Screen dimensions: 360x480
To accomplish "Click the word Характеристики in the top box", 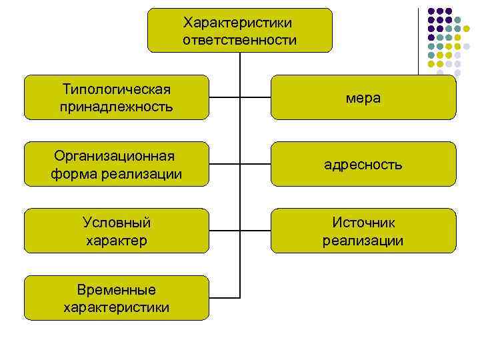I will [x=239, y=23].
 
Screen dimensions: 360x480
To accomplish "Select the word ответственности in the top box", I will [x=239, y=40].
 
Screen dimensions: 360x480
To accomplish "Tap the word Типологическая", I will [x=117, y=89].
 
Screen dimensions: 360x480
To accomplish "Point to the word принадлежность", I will [x=117, y=106].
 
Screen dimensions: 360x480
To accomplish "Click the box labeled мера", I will [x=363, y=97].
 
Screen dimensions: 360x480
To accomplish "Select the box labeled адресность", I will [x=363, y=164].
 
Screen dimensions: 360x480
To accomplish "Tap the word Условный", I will [x=117, y=223].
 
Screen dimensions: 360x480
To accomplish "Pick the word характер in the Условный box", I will [x=117, y=239].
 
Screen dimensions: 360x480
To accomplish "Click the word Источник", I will [x=363, y=223].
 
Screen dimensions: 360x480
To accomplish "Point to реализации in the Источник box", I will [x=363, y=239].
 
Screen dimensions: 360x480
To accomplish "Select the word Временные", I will [x=117, y=290].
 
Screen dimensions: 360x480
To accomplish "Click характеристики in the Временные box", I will [x=117, y=307].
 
